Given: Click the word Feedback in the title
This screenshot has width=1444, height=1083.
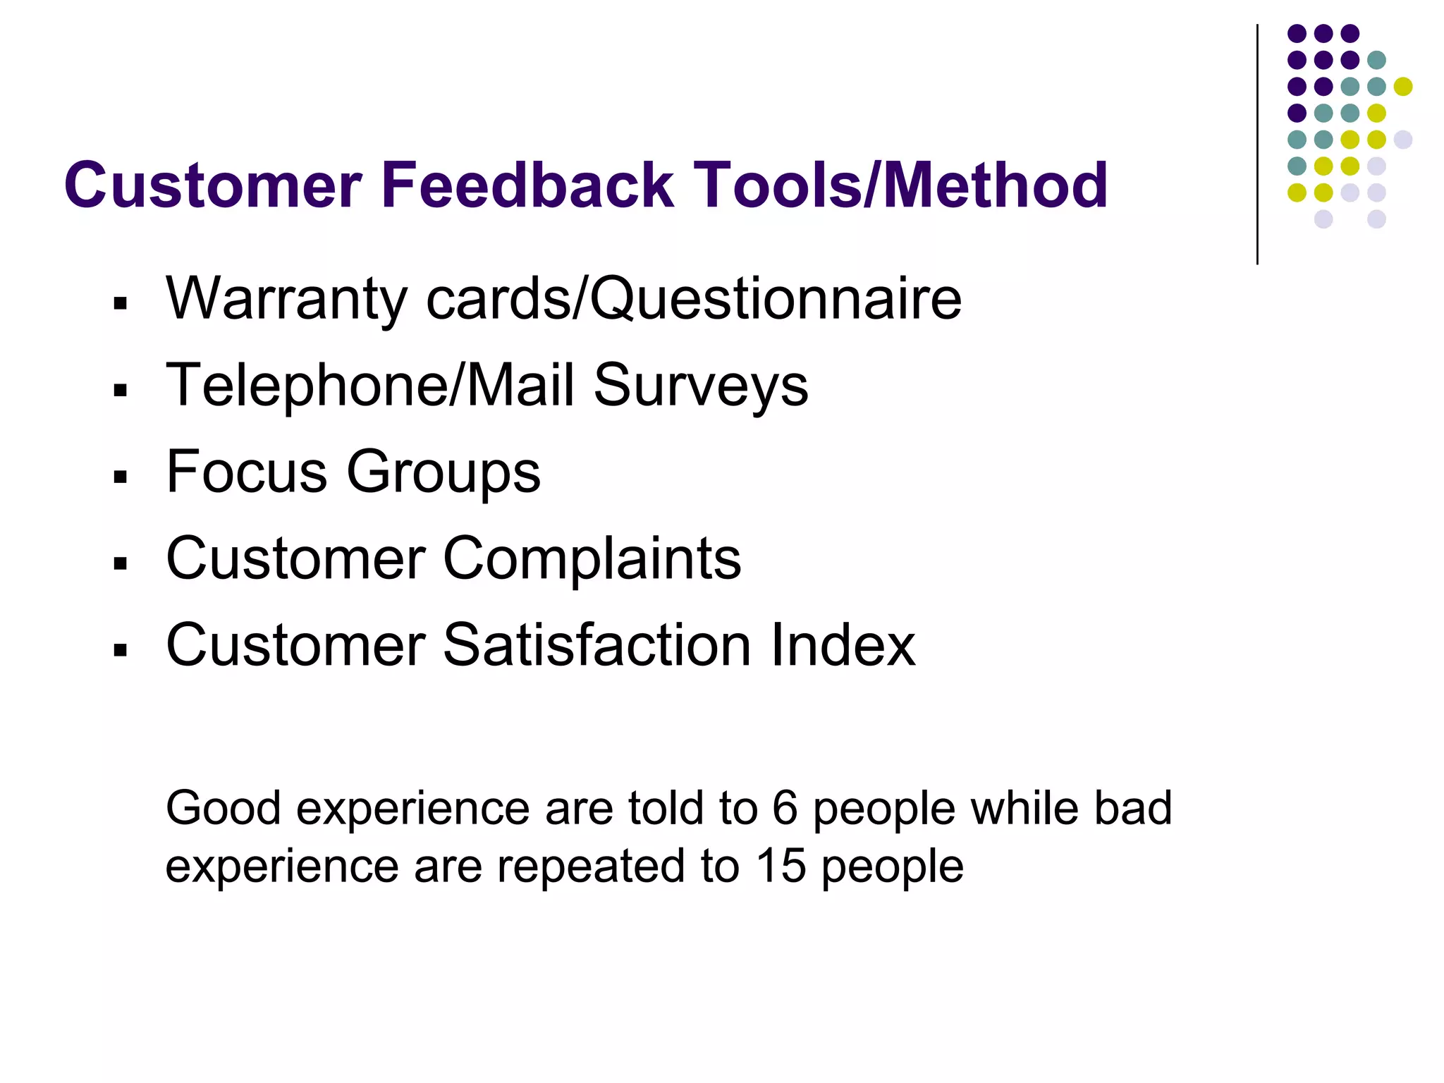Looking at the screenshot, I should point(527,185).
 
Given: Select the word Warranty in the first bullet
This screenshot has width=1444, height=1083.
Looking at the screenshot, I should point(286,300).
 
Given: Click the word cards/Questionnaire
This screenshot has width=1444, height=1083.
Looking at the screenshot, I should point(694,300).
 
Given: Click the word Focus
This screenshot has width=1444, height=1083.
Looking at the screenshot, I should point(247,471).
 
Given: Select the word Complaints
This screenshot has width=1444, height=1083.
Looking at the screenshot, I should point(592,559).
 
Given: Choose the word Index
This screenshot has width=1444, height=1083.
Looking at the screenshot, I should point(843,644).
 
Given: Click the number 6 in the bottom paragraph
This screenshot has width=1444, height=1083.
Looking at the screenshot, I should point(785,808).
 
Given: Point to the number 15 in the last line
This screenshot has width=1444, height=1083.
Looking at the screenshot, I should point(781,866).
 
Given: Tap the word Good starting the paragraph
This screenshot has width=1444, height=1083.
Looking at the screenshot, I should point(223,808).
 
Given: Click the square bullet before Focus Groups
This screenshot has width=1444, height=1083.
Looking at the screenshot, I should point(121,477).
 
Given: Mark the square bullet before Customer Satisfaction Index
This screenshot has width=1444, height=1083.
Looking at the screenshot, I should point(121,649).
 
